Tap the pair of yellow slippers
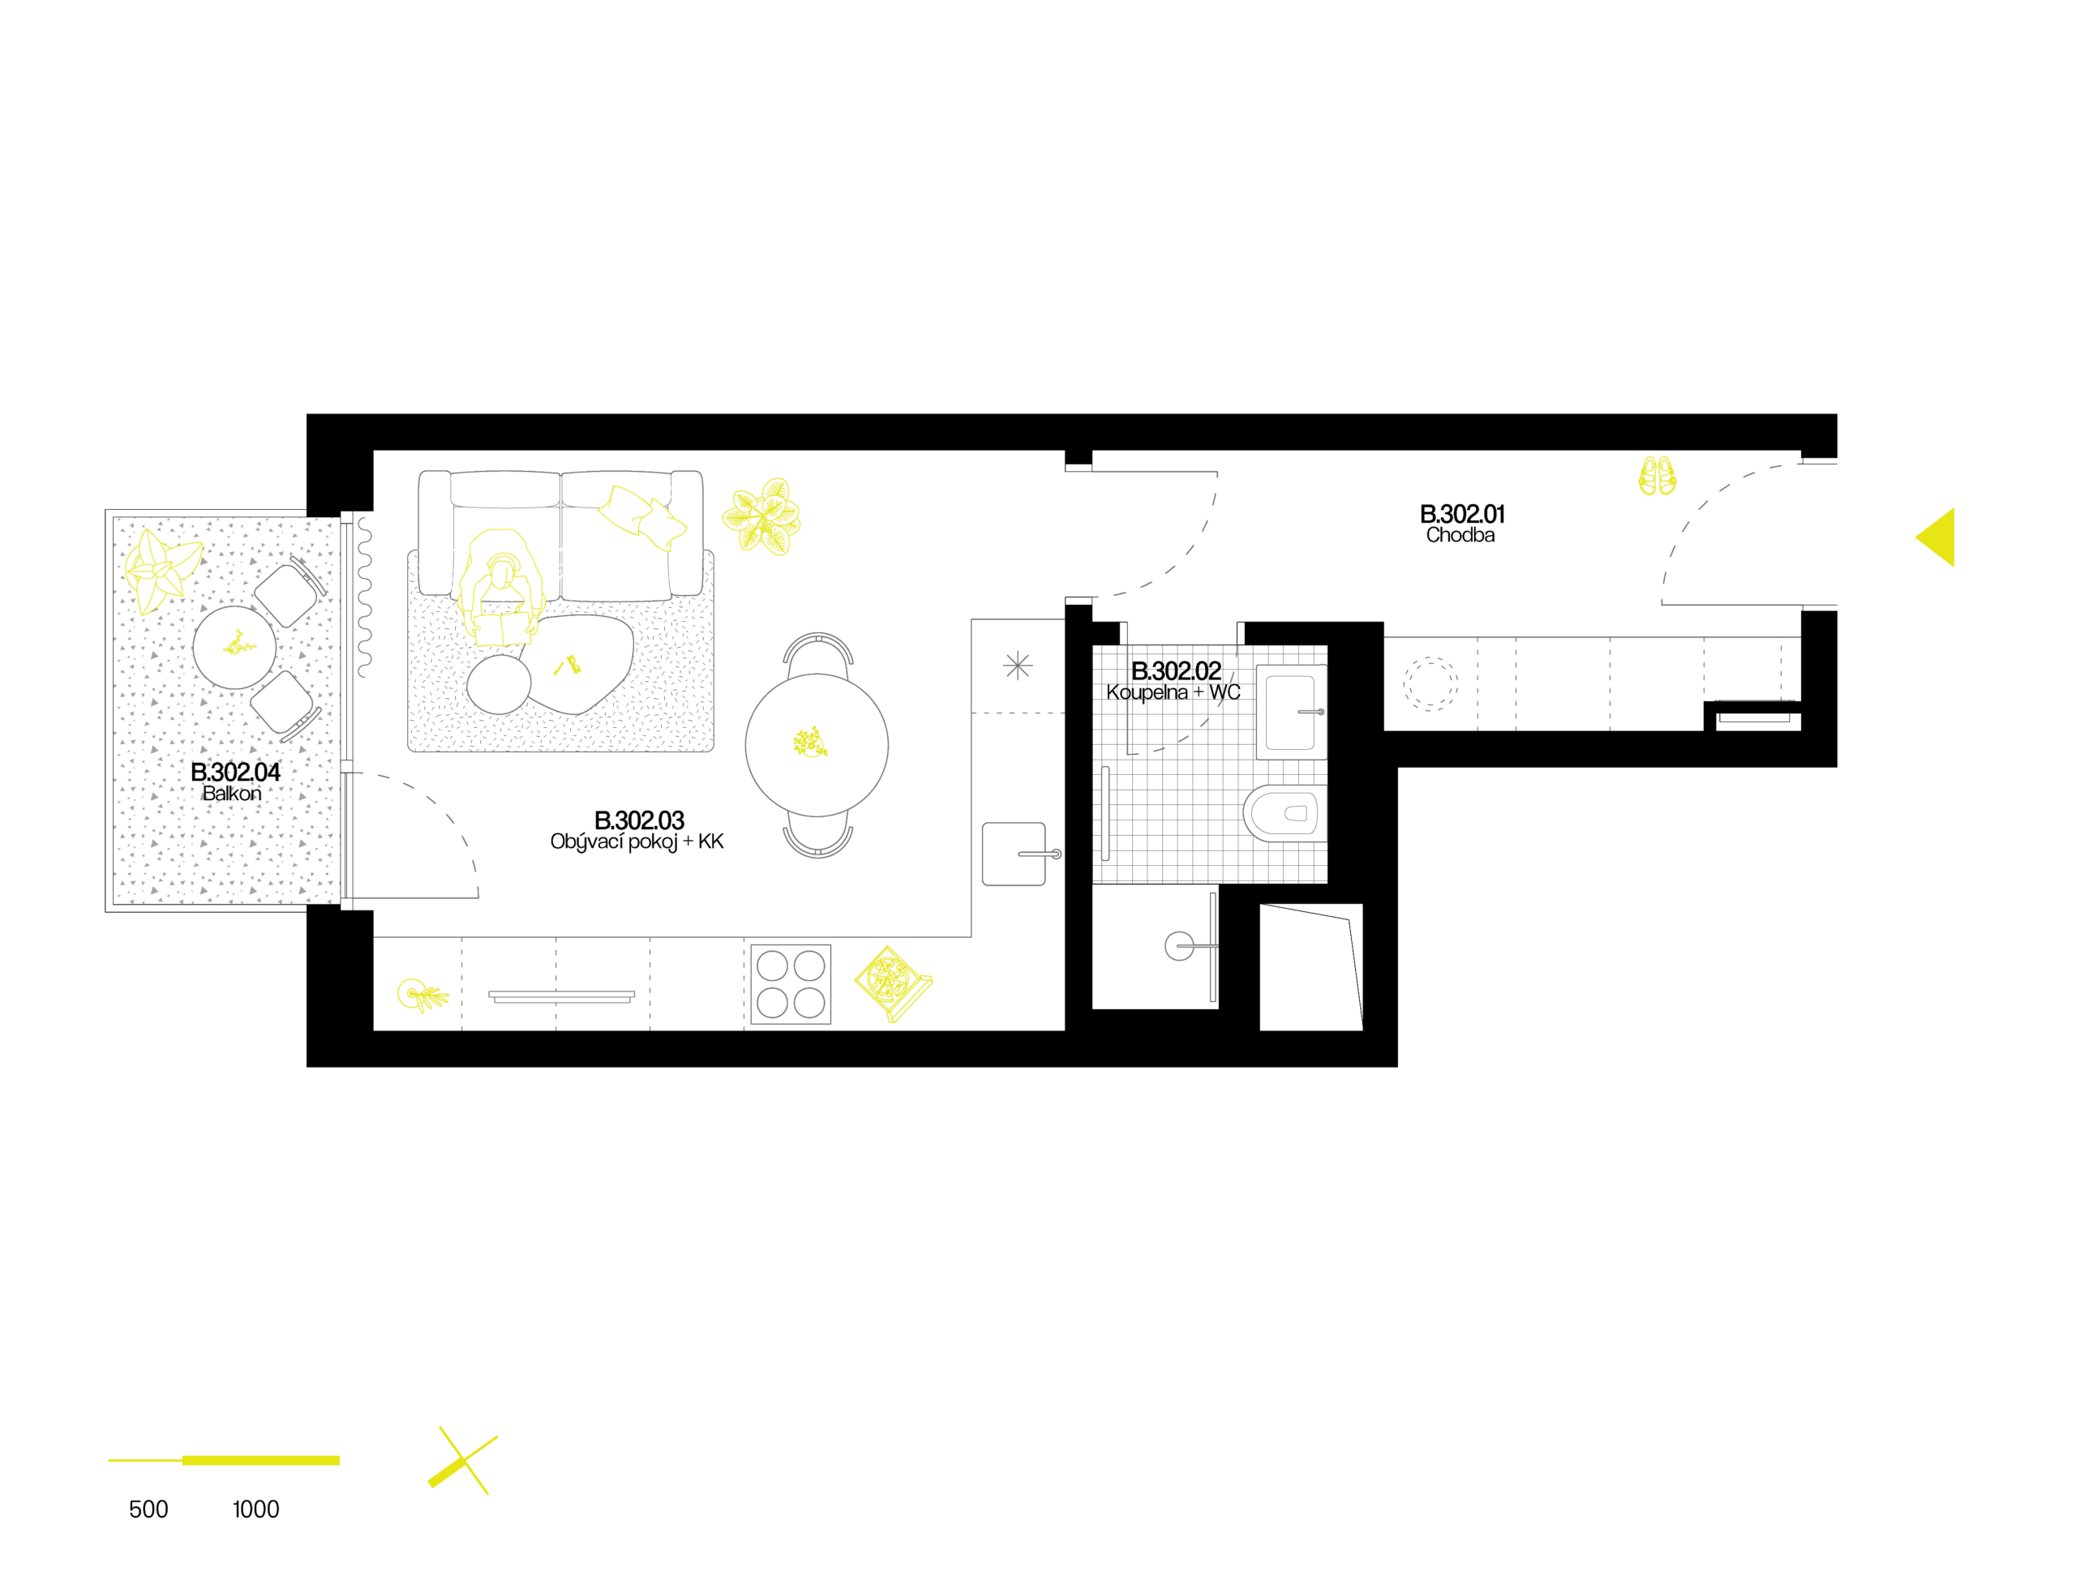(1657, 476)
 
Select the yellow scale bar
(225, 1460)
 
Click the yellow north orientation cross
(464, 1461)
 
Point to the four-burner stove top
(791, 984)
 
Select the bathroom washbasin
(1291, 712)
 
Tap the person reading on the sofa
(500, 589)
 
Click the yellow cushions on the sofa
(643, 516)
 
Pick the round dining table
(817, 744)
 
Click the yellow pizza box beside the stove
(891, 983)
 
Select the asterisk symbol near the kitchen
(1018, 666)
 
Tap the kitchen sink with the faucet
(1014, 854)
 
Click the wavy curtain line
(364, 597)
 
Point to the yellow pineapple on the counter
(421, 995)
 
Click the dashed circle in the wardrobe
(1430, 683)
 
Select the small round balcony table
(234, 648)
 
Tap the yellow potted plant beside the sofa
(762, 516)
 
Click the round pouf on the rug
(499, 683)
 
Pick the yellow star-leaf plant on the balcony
(161, 570)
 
